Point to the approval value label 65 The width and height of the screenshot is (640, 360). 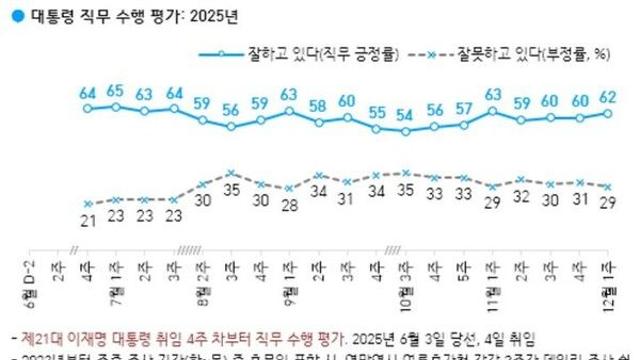point(116,90)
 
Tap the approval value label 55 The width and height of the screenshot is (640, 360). point(376,112)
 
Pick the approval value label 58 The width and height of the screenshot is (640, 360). point(318,106)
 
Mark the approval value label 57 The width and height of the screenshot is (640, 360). point(464,108)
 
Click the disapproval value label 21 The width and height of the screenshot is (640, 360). point(87,220)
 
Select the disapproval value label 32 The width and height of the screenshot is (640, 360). point(522,197)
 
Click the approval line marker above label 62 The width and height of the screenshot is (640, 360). point(609,113)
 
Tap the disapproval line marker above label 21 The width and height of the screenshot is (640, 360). point(87,204)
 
